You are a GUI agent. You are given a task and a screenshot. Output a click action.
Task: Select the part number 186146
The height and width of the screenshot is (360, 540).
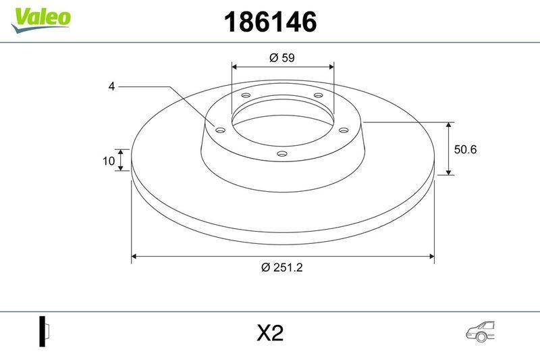tap(270, 22)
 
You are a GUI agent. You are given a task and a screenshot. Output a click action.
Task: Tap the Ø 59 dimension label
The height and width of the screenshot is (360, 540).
tap(282, 58)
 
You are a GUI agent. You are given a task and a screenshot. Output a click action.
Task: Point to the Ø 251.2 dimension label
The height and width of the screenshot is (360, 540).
tap(282, 267)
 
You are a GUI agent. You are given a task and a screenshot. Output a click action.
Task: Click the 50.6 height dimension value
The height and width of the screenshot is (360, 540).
tap(465, 149)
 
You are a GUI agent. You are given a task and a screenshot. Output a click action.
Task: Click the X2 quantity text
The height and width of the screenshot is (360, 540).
tap(270, 334)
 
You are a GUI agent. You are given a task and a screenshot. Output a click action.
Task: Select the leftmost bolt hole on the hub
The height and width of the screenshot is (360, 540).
tap(220, 130)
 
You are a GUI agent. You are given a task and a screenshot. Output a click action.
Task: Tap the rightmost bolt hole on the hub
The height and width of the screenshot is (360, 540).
tap(343, 130)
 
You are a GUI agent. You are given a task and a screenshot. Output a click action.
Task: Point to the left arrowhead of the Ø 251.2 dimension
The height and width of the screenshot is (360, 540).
tap(135, 256)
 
